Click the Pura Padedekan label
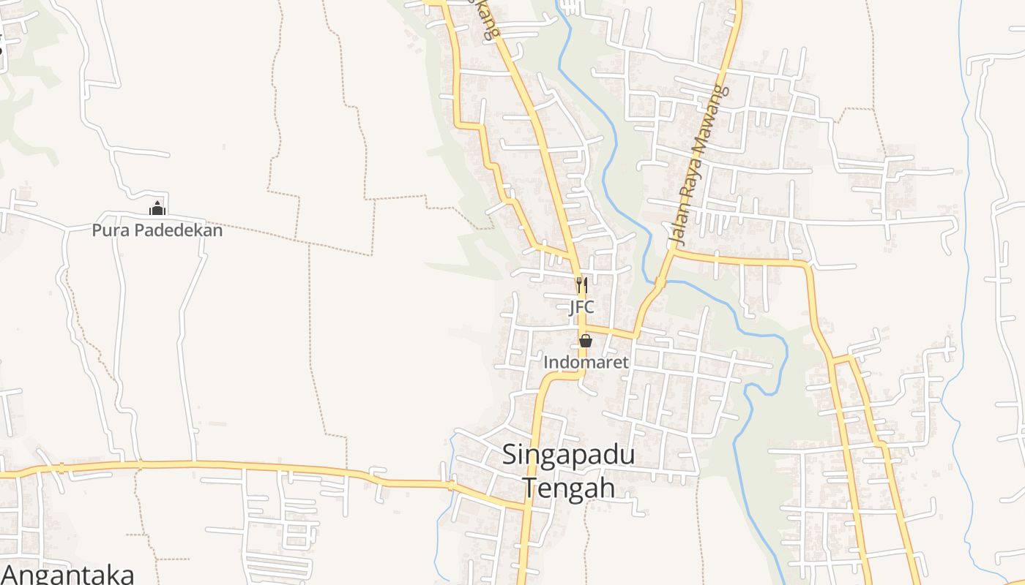[157, 230]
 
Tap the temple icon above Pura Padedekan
[157, 210]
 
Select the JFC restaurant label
[581, 307]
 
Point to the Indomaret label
[586, 362]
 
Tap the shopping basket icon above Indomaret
[586, 341]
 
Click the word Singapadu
[568, 456]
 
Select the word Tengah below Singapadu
[568, 487]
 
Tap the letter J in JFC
[573, 307]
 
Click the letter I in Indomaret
[546, 362]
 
